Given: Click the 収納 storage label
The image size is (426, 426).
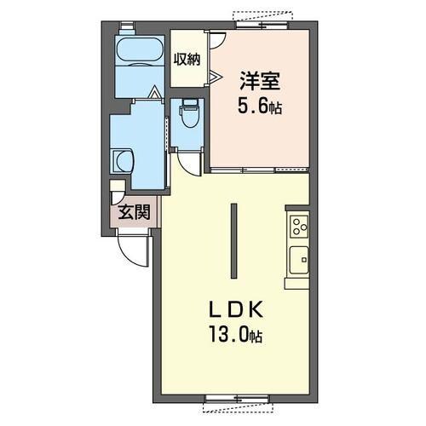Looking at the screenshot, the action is coord(187,60).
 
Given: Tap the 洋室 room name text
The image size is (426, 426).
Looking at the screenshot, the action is coord(260,81).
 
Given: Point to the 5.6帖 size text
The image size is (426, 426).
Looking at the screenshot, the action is coord(260,106).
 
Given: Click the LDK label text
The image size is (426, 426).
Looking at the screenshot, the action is coord(235,310).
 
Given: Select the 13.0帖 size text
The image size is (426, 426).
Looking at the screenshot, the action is coord(235,335).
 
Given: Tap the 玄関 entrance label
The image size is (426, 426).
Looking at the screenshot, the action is coord(134,212).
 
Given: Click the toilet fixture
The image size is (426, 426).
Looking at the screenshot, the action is coord(188,114).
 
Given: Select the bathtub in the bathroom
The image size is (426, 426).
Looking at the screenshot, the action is coord(141,51).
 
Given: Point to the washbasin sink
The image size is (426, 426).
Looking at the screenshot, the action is coord(123,161).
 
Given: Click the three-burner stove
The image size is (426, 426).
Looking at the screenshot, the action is coord(299,227).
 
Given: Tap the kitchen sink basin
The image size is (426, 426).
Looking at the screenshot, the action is coord(299,261).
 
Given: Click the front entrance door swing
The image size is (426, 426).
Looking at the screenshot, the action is coord(133,248).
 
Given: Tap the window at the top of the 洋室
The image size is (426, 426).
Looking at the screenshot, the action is coord(262,25).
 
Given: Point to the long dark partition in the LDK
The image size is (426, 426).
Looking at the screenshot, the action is coord(234,241).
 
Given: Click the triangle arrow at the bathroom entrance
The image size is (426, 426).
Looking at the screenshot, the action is coord(155,92).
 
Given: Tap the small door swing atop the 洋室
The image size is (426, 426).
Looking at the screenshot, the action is coord(217,40).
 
